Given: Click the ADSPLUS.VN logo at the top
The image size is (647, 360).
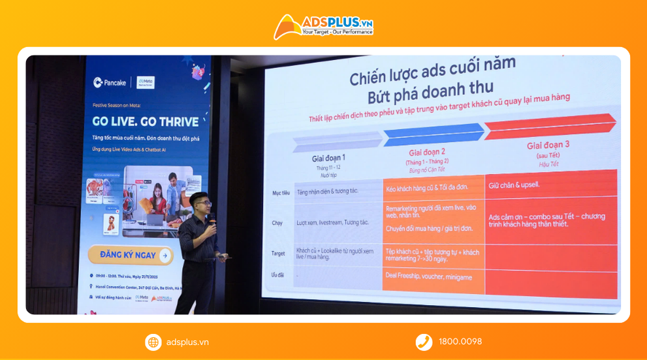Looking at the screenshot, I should [323, 26].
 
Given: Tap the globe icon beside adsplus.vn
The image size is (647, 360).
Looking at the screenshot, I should [153, 342].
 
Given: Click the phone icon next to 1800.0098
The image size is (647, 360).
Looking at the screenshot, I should [424, 342].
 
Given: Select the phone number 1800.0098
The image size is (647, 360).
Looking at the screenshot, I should [460, 342].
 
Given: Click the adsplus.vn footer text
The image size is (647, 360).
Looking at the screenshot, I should [187, 342].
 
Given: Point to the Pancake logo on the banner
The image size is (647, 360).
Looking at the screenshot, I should [110, 82].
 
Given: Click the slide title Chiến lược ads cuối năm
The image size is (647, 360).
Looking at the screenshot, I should [432, 70].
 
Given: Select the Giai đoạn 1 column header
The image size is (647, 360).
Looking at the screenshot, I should [328, 158].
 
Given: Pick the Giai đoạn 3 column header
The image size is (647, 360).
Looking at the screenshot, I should [548, 145].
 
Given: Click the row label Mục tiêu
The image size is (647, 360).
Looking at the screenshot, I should [281, 193].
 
